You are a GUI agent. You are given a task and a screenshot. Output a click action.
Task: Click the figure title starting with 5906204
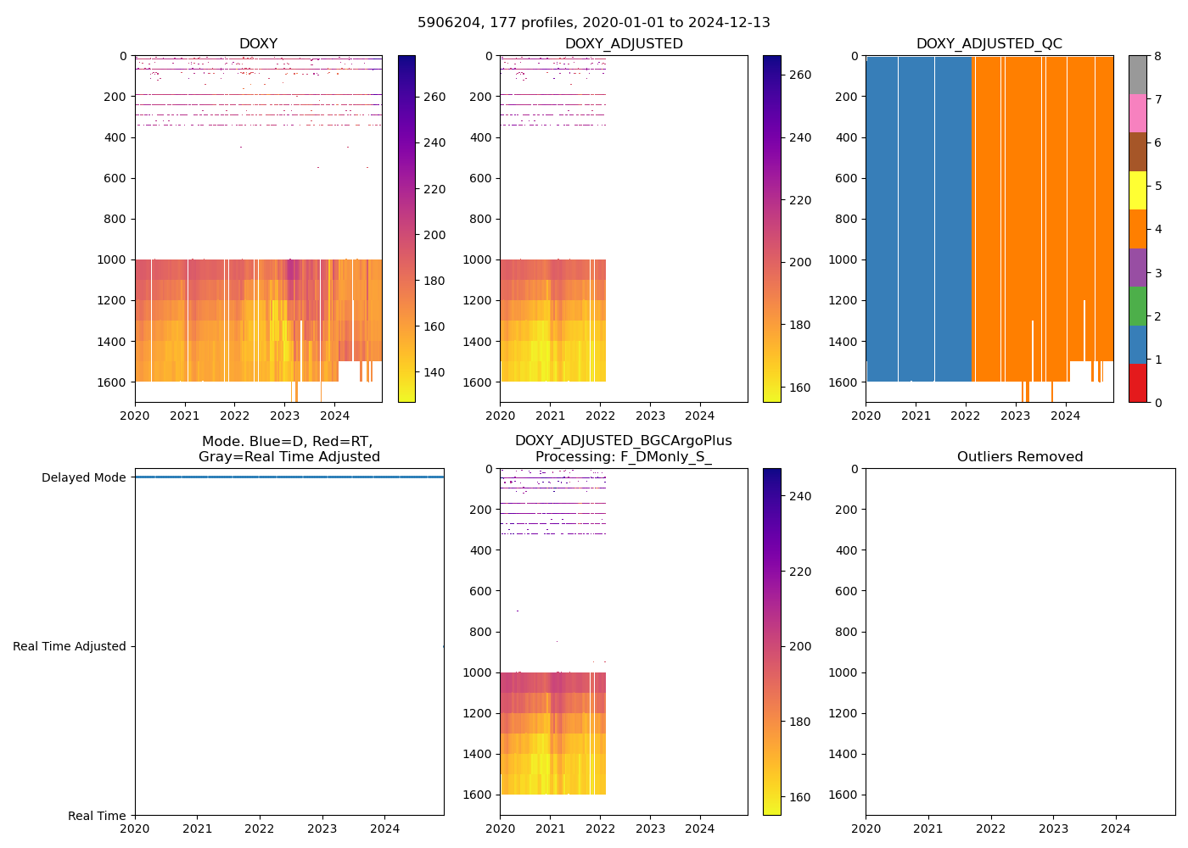594,23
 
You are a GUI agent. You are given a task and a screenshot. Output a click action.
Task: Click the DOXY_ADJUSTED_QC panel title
989,44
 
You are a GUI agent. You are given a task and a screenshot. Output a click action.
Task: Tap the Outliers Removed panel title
1020,457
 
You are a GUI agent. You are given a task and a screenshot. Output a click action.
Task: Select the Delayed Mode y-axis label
83,477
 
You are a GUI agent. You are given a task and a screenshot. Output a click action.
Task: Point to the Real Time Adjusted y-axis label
70,646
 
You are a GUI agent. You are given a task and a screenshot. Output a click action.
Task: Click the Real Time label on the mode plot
97,816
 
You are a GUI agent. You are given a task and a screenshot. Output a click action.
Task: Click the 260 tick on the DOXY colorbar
434,97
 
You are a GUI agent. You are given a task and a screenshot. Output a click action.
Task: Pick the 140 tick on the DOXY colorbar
434,372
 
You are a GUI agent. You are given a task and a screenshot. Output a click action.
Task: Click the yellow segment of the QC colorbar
1138,191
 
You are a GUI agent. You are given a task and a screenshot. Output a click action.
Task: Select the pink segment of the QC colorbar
1138,113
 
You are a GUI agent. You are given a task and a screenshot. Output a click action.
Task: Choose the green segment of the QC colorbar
1138,306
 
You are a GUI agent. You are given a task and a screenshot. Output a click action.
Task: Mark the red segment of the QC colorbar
1138,383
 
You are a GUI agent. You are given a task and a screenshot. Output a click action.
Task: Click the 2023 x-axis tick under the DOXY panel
284,416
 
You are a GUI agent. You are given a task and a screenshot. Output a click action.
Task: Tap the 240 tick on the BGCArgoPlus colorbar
799,496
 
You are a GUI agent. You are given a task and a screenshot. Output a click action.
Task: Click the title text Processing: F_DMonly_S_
624,457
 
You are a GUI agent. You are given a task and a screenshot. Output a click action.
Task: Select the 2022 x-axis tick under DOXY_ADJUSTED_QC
966,416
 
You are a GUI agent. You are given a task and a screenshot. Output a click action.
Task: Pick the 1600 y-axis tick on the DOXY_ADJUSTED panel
479,382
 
